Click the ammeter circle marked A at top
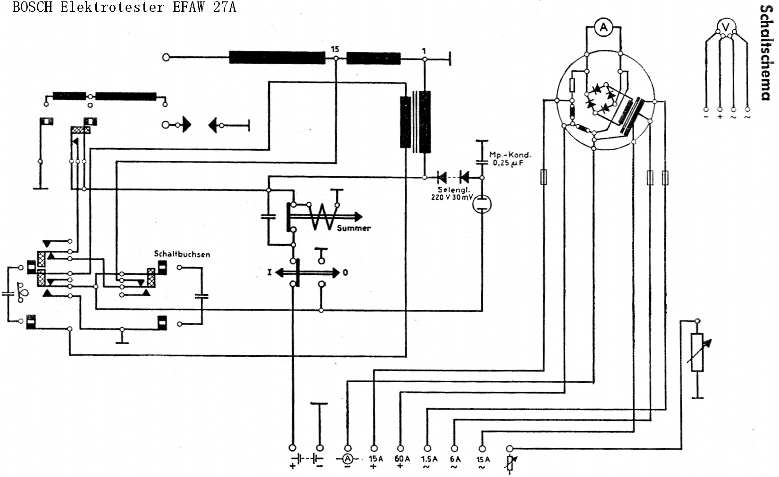click(603, 27)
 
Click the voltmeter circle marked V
click(725, 27)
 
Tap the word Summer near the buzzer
click(354, 228)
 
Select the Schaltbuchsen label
click(182, 254)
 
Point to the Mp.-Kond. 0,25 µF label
click(510, 159)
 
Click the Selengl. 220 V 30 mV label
click(452, 194)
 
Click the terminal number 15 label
click(335, 49)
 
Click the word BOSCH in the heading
click(33, 7)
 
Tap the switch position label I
click(269, 272)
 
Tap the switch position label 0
click(345, 272)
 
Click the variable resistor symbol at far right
click(697, 352)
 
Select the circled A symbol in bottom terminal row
click(347, 459)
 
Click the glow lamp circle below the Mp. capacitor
click(482, 204)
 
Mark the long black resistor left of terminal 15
click(277, 58)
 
